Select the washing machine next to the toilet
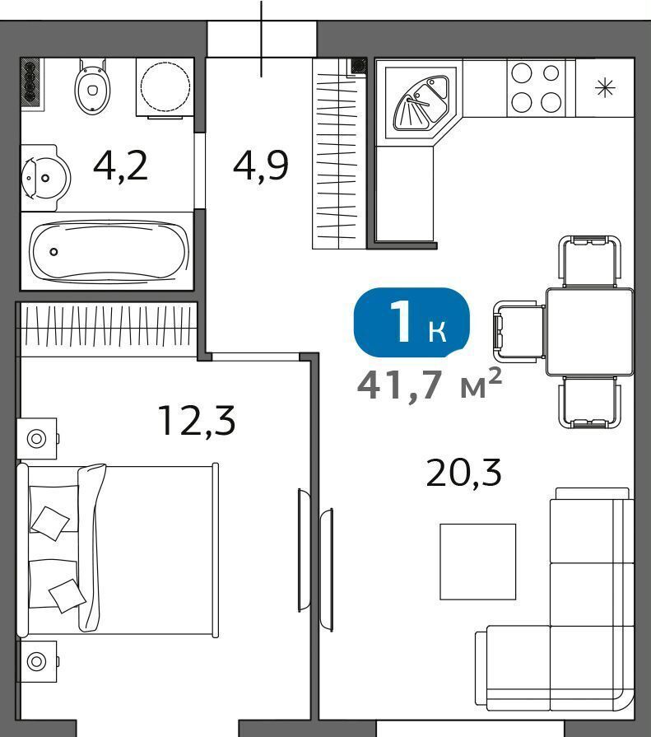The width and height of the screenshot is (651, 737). point(165,87)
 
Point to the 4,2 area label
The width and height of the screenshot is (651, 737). point(121,166)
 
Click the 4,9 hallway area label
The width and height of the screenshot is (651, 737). point(261,166)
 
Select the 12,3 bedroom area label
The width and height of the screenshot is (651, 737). point(197,421)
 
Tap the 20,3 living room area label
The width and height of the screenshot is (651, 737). point(463,473)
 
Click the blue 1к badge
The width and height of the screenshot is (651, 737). point(412,323)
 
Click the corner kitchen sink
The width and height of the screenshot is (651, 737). point(421,103)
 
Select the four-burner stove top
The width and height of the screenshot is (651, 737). point(536,88)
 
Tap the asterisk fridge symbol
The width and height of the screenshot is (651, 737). point(605,87)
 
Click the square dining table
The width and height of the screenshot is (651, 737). point(589,332)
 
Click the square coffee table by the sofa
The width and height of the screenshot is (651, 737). point(477,562)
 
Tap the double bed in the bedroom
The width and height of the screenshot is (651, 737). point(118,550)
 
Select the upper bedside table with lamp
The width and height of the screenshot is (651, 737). point(37,439)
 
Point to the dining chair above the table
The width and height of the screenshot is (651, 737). point(589,262)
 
